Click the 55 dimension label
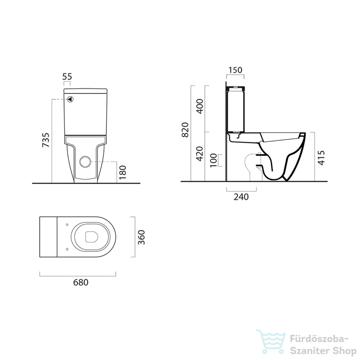point(67,76)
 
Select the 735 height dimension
point(45,140)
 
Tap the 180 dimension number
point(123,172)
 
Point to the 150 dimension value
point(235,70)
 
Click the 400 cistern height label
point(200,106)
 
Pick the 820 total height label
point(185,130)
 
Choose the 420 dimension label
point(200,154)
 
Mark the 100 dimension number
point(213,160)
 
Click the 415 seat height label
point(321,158)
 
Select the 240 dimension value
point(241,197)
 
